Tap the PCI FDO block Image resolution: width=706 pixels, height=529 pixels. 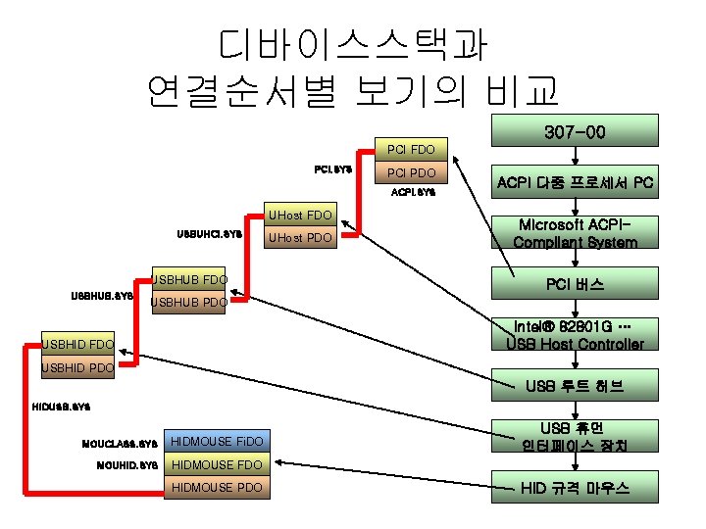[x=411, y=150]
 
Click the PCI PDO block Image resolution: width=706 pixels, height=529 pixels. [x=411, y=173]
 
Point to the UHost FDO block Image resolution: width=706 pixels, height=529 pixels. [x=299, y=214]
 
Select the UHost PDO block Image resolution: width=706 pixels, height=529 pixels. [x=299, y=238]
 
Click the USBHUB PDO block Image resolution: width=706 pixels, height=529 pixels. [x=188, y=304]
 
